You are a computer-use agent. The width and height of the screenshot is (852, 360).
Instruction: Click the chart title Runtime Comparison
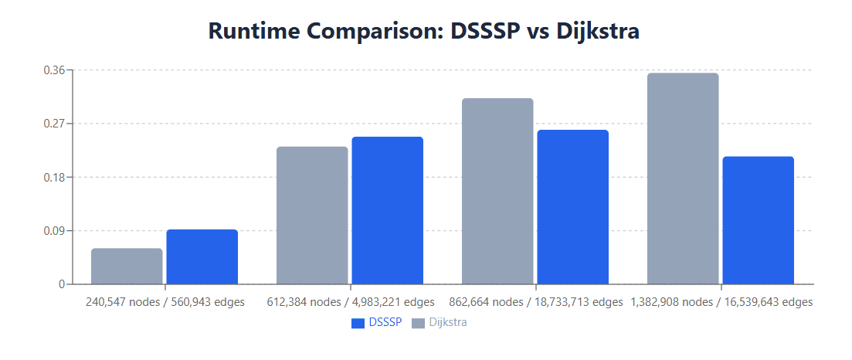click(x=424, y=32)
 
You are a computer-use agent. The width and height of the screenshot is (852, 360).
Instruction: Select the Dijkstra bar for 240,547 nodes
click(x=127, y=266)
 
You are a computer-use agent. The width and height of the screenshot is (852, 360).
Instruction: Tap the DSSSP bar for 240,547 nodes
click(x=202, y=256)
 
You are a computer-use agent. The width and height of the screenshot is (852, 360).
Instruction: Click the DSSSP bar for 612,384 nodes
click(x=388, y=210)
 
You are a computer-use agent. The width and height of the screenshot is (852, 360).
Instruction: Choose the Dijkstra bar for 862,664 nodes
click(x=497, y=191)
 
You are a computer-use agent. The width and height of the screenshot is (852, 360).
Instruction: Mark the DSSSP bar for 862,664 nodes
click(x=573, y=206)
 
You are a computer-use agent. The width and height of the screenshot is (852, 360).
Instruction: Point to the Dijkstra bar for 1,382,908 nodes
click(x=683, y=178)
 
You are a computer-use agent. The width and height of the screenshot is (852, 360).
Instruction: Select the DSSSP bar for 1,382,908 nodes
click(x=759, y=220)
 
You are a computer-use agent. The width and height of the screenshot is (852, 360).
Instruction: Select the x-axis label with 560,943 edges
click(x=165, y=302)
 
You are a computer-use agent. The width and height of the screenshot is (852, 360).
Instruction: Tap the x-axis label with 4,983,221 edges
click(x=350, y=302)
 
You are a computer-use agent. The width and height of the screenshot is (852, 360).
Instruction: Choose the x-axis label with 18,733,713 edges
click(x=535, y=302)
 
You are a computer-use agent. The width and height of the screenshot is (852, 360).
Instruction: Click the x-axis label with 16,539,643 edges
click(x=721, y=302)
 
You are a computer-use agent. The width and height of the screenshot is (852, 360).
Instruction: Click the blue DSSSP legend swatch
click(x=358, y=323)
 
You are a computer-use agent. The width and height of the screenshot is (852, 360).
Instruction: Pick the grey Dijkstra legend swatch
click(x=418, y=323)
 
